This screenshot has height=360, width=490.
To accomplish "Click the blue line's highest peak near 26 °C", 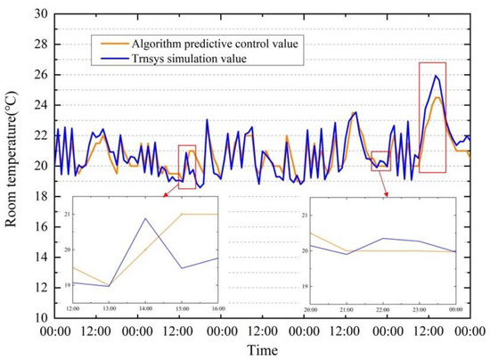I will [x=436, y=76].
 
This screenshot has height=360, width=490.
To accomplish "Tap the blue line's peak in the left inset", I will [x=145, y=218].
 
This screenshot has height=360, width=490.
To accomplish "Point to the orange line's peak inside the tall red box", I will [x=437, y=97].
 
